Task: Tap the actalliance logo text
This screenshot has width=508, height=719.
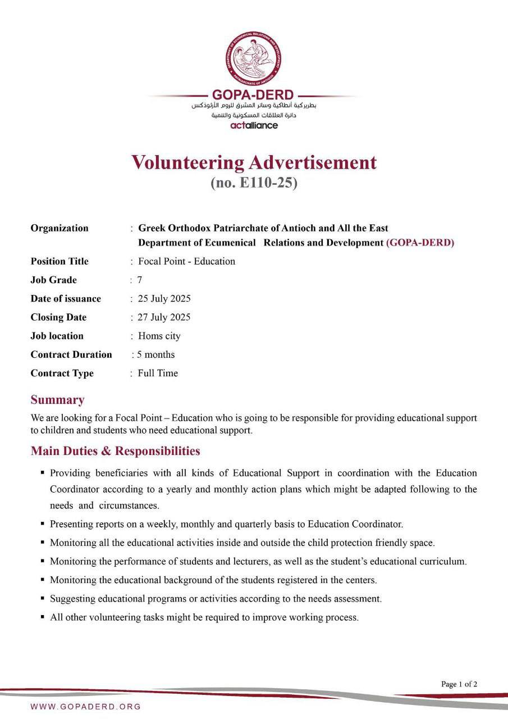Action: (254, 125)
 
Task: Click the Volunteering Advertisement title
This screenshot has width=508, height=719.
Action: (254, 162)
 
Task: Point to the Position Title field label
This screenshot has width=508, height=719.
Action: (60, 261)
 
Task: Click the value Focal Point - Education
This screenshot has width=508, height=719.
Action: (186, 261)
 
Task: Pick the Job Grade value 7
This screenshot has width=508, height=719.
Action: (140, 280)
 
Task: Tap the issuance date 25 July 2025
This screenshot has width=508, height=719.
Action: (164, 298)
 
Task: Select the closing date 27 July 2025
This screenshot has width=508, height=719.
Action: (164, 317)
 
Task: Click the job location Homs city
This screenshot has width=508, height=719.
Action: (159, 336)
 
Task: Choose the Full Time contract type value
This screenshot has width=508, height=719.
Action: (158, 373)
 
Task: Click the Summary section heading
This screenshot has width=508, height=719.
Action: (57, 400)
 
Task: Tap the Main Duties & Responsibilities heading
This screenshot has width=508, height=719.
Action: (115, 451)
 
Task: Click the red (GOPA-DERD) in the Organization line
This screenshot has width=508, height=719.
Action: (420, 243)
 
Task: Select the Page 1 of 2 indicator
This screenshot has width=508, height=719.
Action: (459, 684)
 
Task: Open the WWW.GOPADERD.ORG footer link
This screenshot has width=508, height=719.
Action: (85, 707)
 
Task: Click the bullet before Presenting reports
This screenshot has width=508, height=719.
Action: (43, 524)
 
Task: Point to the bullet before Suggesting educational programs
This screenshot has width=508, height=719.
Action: (43, 599)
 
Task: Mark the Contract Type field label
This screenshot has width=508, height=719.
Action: (62, 373)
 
